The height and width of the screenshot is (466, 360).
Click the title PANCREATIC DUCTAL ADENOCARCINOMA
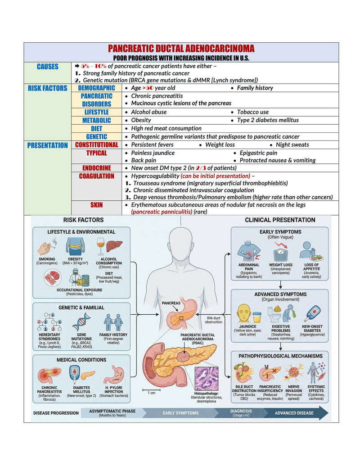tap(181, 49)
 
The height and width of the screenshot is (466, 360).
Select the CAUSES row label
tap(48, 67)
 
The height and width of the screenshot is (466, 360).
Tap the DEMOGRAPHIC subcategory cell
tap(97, 88)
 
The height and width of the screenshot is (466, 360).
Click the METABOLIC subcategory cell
tap(97, 120)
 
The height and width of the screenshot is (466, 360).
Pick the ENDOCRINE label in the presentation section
tap(97, 168)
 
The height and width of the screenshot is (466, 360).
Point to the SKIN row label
tap(97, 205)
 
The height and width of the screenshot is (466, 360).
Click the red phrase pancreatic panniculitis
tap(162, 212)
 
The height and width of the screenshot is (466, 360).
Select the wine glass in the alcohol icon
tap(101, 246)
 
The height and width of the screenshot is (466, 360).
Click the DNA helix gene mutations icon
tap(81, 322)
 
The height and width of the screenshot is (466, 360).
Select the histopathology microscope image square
tap(207, 379)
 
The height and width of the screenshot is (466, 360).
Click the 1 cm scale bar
tap(152, 389)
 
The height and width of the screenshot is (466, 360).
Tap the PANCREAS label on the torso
tap(171, 303)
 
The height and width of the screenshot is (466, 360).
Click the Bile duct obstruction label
tap(213, 320)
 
